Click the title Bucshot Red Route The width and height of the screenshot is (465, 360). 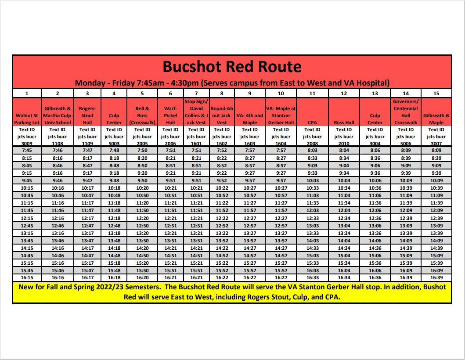232,67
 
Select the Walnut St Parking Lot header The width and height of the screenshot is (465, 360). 27,119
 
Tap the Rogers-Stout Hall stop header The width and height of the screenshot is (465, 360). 87,115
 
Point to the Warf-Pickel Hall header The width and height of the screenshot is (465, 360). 170,115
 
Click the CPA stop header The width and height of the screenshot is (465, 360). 312,123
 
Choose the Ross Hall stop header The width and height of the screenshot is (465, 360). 344,123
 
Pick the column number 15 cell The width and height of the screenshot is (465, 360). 436,93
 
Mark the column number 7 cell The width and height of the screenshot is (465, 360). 196,93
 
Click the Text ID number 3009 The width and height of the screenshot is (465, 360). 27,143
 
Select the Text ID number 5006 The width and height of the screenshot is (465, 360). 405,143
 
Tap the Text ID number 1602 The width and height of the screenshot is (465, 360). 222,143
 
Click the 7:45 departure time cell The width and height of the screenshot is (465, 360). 27,150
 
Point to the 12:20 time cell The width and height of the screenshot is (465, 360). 142,218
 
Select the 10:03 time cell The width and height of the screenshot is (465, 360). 312,180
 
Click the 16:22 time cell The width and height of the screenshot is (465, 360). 222,277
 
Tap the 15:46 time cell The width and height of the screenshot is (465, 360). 58,270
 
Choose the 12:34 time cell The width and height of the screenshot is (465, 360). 344,218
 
